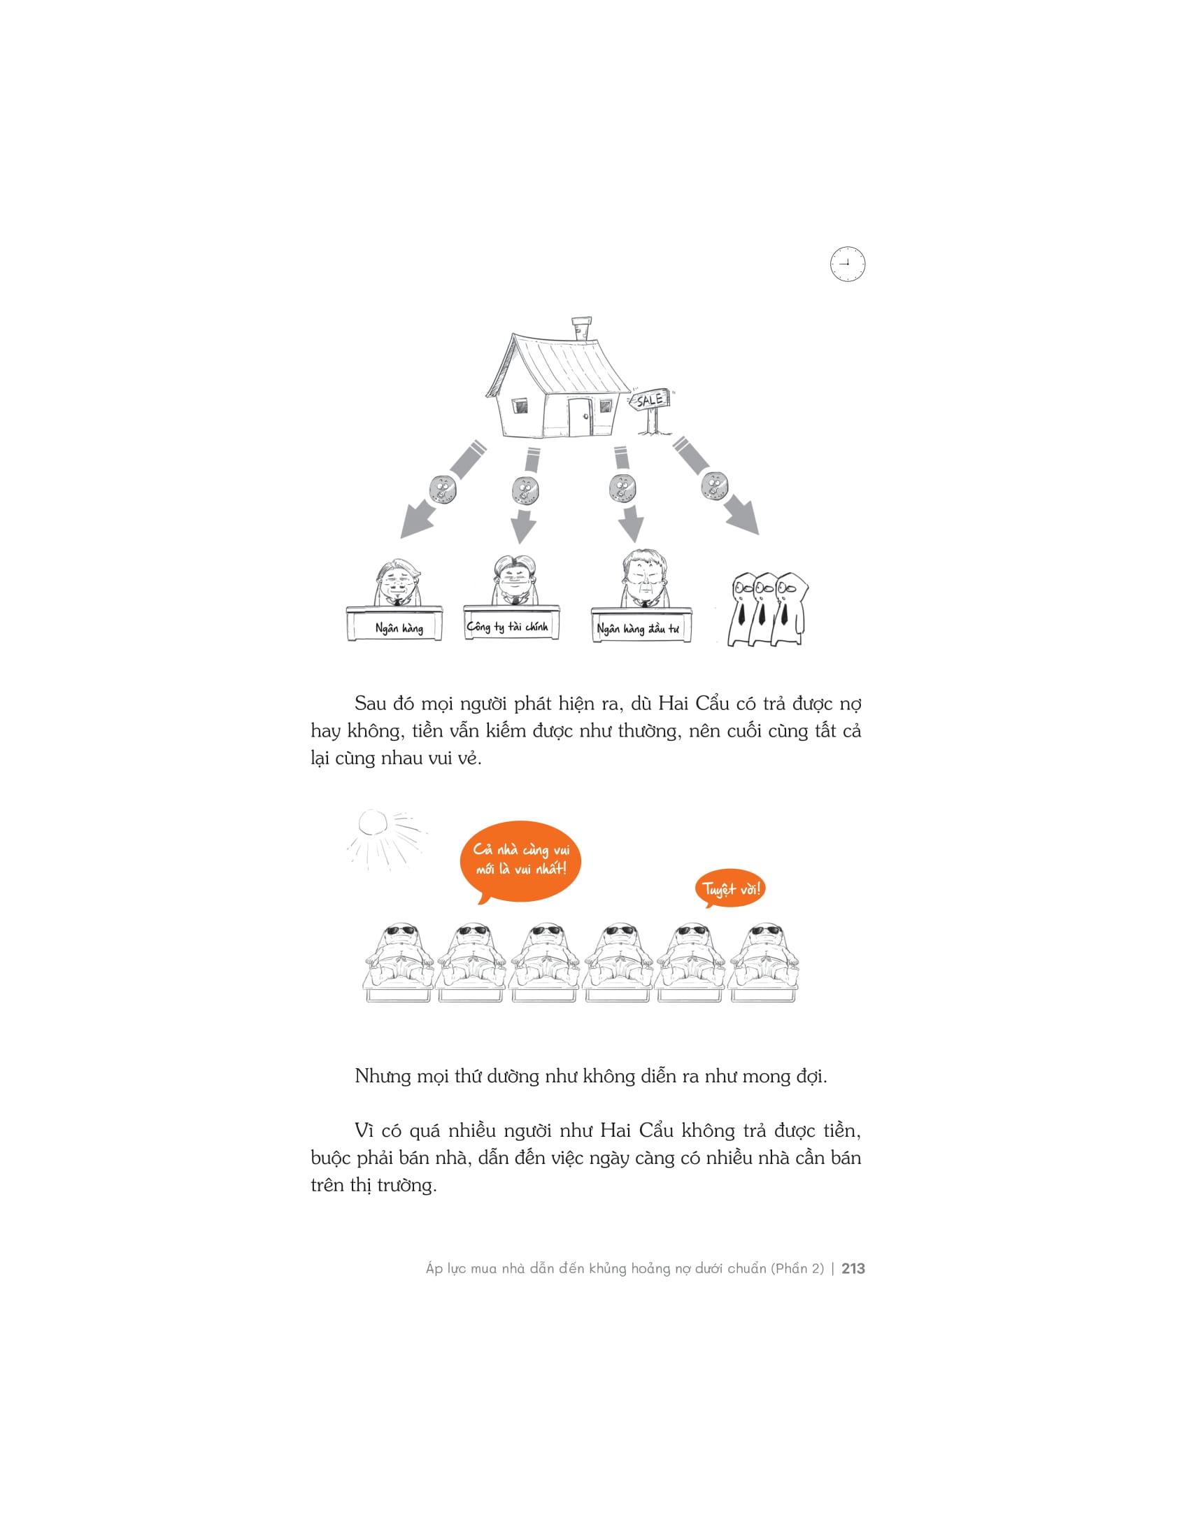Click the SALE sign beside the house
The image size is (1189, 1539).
[x=650, y=399]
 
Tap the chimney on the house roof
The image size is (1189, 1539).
[x=581, y=328]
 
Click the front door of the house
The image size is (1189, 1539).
[x=581, y=417]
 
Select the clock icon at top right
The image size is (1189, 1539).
[x=848, y=264]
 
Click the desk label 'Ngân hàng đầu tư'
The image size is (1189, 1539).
[x=638, y=629]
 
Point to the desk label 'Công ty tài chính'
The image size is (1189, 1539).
[x=507, y=626]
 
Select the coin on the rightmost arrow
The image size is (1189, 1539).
[x=714, y=485]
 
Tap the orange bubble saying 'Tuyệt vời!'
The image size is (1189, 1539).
[x=731, y=888]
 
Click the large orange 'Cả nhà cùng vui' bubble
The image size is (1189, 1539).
[x=520, y=859]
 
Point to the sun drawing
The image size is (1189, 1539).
[x=373, y=823]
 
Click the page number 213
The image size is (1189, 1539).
[x=853, y=1268]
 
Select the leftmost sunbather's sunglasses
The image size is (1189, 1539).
[x=402, y=930]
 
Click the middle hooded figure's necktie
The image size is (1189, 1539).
[x=762, y=612]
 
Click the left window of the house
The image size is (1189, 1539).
[x=520, y=406]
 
